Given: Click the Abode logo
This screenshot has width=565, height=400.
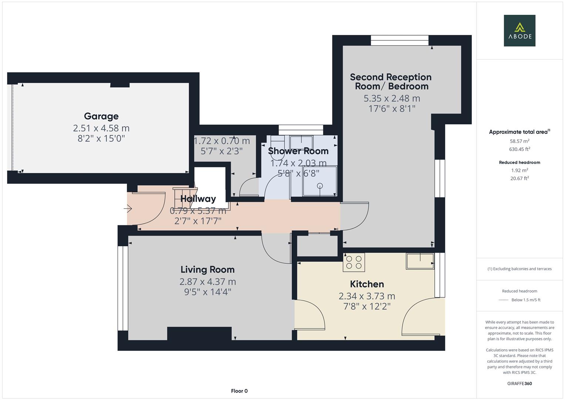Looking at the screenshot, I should click(519, 30).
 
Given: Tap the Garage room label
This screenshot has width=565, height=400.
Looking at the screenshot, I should click(101, 116).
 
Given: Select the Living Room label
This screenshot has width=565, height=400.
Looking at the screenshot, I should click(207, 270).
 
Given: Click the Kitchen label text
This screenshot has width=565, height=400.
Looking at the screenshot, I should click(367, 284).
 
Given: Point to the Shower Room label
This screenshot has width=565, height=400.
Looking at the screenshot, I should click(298, 151).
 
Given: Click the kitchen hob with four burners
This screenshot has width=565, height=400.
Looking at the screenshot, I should click(354, 262).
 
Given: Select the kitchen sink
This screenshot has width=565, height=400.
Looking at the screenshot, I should click(420, 261).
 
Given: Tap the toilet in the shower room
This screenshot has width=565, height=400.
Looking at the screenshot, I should click(276, 148).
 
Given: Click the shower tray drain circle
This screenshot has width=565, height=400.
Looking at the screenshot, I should click(320, 186).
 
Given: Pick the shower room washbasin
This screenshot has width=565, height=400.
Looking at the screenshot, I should click(301, 141).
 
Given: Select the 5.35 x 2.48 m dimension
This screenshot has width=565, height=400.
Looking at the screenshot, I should click(391, 99).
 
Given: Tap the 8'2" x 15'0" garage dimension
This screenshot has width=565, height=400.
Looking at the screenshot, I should click(101, 139).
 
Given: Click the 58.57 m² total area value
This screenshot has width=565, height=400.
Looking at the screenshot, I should click(519, 141).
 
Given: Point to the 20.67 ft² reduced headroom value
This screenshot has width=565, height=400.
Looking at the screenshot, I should click(519, 179).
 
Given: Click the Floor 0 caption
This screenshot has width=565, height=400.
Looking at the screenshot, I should click(239, 391).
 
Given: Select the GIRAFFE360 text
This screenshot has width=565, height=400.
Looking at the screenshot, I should click(519, 384).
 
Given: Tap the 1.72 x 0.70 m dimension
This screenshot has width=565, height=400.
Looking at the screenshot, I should click(222, 141).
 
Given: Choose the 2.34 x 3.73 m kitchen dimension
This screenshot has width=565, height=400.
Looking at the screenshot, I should click(367, 296).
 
